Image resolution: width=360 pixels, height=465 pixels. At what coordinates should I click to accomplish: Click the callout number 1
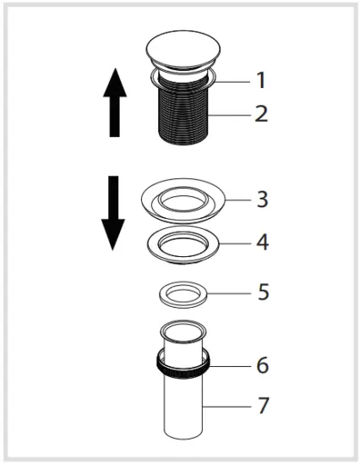pyautogui.click(x=260, y=81)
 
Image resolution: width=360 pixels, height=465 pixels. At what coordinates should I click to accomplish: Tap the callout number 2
pyautogui.click(x=260, y=112)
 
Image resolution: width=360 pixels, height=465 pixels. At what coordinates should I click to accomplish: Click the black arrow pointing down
pyautogui.click(x=113, y=211)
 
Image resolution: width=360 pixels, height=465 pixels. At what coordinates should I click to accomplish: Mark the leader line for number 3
pyautogui.click(x=233, y=200)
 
